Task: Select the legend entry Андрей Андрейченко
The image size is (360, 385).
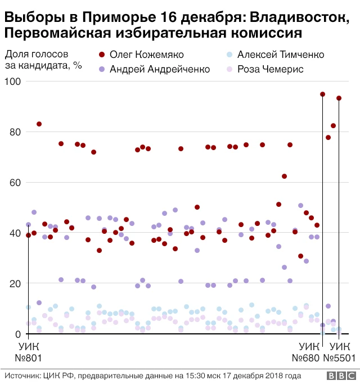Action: pyautogui.click(x=160, y=69)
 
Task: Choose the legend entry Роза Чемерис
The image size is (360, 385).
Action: pyautogui.click(x=271, y=69)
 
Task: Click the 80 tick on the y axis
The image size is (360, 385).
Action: pyautogui.click(x=14, y=132)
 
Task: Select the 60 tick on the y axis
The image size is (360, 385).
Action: pyautogui.click(x=14, y=183)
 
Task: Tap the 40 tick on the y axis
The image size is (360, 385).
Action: pyautogui.click(x=14, y=233)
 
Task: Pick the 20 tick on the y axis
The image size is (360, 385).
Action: pyautogui.click(x=14, y=284)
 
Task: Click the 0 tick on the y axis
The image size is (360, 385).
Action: pyautogui.click(x=17, y=334)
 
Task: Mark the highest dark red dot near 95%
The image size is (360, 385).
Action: pyautogui.click(x=323, y=94)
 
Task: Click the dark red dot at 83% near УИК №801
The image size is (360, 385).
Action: pyautogui.click(x=39, y=124)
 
